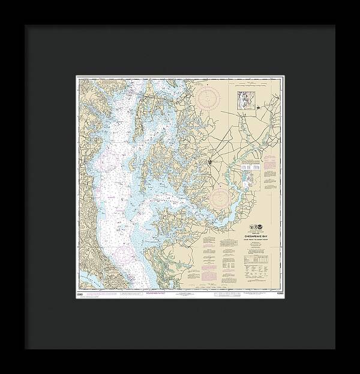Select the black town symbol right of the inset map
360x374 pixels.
[258, 108]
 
